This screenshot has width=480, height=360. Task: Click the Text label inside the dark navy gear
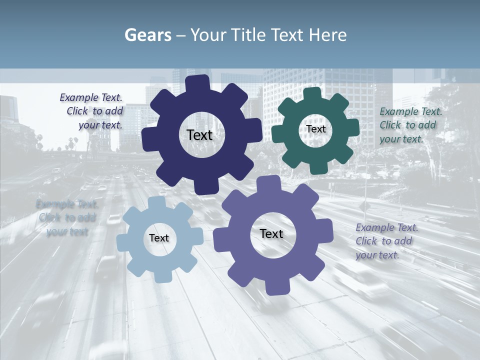[199, 135]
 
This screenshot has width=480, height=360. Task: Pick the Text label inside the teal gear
[315, 129]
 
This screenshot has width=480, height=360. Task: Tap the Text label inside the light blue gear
[159, 238]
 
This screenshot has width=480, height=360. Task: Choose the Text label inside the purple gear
[271, 234]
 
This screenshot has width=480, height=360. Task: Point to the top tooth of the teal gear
[312, 94]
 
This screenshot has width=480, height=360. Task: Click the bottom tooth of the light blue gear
[160, 276]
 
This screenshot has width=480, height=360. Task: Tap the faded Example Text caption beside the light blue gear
[66, 217]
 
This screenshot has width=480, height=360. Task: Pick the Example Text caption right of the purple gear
[386, 241]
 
